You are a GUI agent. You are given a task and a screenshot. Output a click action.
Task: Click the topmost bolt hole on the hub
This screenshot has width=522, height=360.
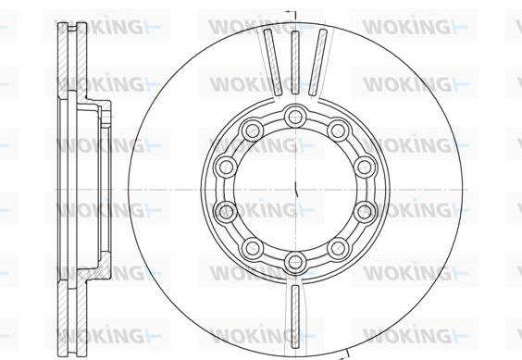tap(295, 117)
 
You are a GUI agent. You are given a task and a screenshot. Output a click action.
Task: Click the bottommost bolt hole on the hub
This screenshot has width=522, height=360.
tap(295, 262)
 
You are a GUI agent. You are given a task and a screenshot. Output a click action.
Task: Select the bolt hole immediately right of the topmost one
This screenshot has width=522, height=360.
tap(338, 130)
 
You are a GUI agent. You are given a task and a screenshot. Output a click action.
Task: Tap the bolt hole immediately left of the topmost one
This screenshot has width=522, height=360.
tap(253, 130)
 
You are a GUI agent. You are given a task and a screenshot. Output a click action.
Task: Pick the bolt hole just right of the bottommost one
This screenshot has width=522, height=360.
tap(338, 248)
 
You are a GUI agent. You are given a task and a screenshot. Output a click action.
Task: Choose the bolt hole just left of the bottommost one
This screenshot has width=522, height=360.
tap(253, 248)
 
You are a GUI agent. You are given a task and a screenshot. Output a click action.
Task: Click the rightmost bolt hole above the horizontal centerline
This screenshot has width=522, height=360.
tap(365, 167)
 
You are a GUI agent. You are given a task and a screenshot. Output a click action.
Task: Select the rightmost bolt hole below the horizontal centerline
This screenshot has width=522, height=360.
tap(365, 212)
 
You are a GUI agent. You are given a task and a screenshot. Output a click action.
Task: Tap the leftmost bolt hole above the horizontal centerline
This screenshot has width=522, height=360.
tap(226, 167)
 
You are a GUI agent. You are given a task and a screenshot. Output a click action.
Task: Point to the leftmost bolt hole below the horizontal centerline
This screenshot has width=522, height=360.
tap(226, 212)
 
